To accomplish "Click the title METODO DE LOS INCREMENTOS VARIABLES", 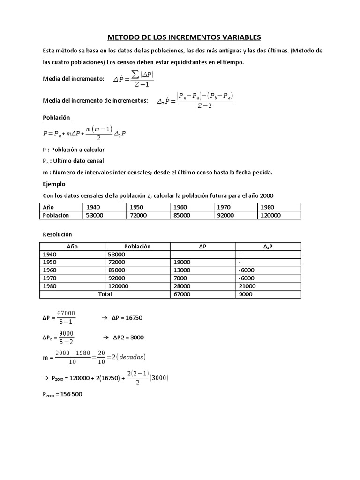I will tap(180, 37).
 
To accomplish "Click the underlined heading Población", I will tap(56, 118).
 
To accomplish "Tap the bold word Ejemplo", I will tap(54, 184).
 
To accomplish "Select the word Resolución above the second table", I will tap(57, 234).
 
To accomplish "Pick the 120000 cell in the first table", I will tap(271, 215).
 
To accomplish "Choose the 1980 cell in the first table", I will tap(268, 207).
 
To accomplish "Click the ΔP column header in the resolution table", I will tap(203, 246).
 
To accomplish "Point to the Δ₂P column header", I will tap(268, 246).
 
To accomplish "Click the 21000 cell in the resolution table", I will tap(247, 286).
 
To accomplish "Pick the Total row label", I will tap(105, 294).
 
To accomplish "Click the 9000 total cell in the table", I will tap(245, 294).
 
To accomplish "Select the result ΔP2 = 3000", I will tap(128, 337).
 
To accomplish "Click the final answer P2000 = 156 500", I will tap(62, 394).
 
